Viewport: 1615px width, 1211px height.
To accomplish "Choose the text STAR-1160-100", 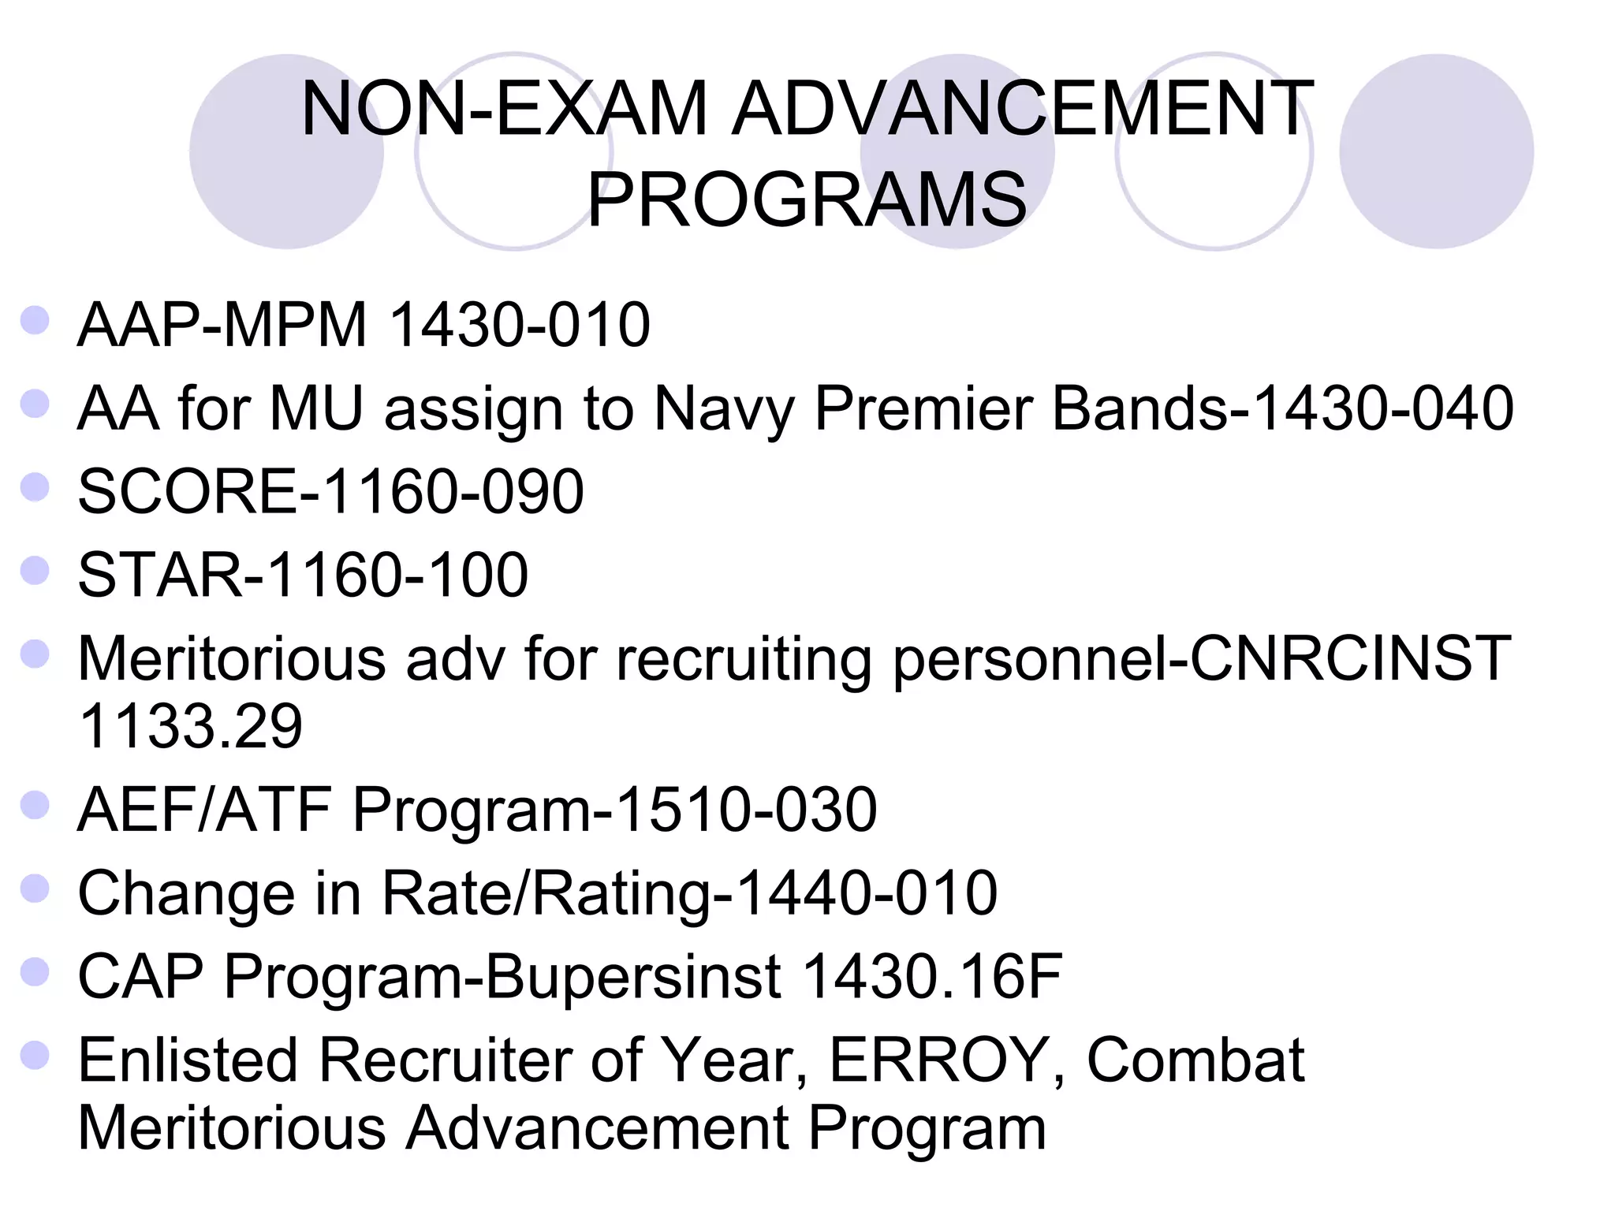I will click(303, 575).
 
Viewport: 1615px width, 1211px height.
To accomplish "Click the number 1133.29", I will click(191, 726).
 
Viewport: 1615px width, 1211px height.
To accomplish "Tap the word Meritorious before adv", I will click(232, 658).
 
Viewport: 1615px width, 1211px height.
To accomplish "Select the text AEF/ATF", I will click(204, 810).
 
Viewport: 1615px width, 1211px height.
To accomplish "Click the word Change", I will click(186, 893).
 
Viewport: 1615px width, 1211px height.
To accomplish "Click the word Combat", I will click(1195, 1060).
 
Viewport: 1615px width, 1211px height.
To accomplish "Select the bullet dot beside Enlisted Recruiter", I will click(35, 1056).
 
